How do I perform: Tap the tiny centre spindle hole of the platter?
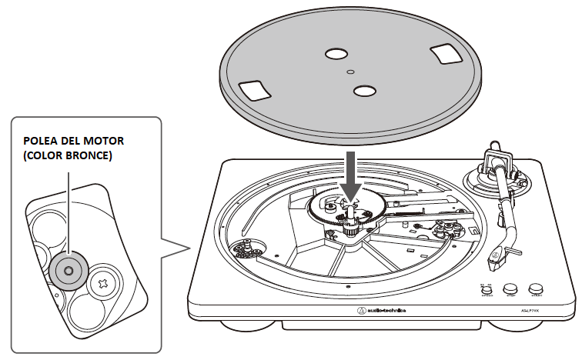[351, 72]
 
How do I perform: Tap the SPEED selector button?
[487, 291]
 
